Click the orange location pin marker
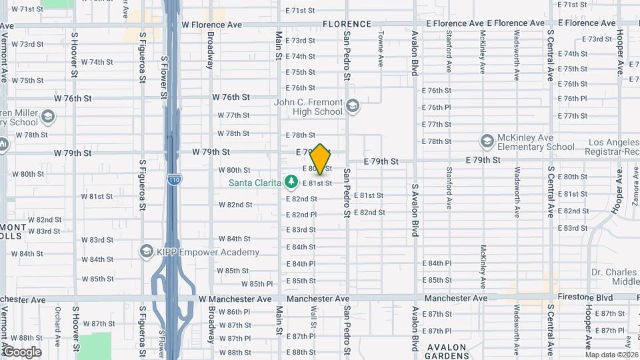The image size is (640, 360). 321,159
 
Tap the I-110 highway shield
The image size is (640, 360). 173,180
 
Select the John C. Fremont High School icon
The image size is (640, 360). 353,106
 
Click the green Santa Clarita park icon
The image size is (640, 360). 291,181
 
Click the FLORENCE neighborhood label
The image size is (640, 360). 347,24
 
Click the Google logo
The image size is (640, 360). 21,351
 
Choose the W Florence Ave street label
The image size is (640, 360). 211,24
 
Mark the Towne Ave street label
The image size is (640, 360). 381,51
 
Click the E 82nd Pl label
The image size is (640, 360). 301,215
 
